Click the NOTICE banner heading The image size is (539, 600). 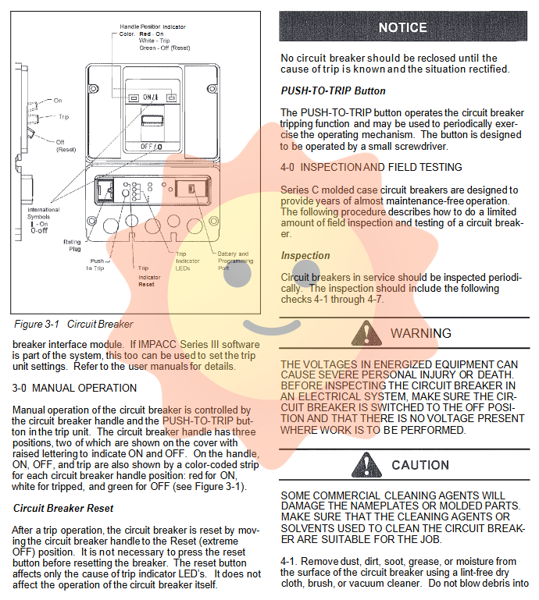402,27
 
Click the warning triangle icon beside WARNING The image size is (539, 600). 366,333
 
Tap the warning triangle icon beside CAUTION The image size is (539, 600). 366,464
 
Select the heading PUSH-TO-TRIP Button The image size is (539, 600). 333,91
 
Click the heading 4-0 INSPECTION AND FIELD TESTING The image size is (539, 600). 371,167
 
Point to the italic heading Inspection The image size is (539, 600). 305,255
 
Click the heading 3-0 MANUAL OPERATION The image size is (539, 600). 74,388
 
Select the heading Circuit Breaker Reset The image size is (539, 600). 63,508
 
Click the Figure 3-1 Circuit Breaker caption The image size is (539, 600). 73,324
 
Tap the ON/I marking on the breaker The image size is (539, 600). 151,98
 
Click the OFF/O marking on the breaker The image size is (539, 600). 152,147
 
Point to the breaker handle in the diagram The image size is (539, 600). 152,120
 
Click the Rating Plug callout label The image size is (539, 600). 72,245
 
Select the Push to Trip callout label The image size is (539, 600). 95,264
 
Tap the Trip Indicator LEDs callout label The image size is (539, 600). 187,261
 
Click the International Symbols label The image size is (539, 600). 43,213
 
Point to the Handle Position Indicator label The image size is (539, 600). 152,27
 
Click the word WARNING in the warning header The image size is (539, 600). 420,333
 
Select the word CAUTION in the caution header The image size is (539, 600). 420,465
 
